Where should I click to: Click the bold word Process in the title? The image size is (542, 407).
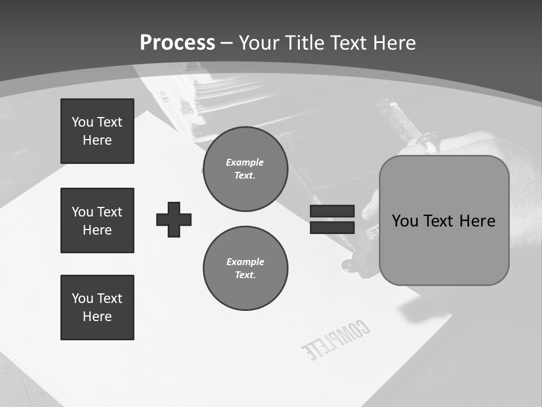coord(177,42)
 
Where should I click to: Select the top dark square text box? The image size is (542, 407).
coord(97,131)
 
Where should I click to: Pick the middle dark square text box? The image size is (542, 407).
coord(97,220)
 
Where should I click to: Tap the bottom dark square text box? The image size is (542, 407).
coord(97,308)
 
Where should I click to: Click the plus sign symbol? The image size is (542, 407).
coord(174,219)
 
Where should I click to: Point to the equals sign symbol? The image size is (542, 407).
coord(332,219)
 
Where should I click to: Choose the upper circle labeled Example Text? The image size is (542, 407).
coord(245,168)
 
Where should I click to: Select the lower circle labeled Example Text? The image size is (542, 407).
coord(245,268)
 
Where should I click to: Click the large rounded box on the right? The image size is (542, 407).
coord(444,220)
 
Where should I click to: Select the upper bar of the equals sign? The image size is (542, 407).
coord(332,211)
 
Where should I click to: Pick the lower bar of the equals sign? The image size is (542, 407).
coord(332,227)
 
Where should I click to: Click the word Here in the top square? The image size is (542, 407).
coord(97,140)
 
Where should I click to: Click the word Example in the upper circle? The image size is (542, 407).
coord(245,162)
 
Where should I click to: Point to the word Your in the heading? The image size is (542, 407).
coord(259,42)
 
